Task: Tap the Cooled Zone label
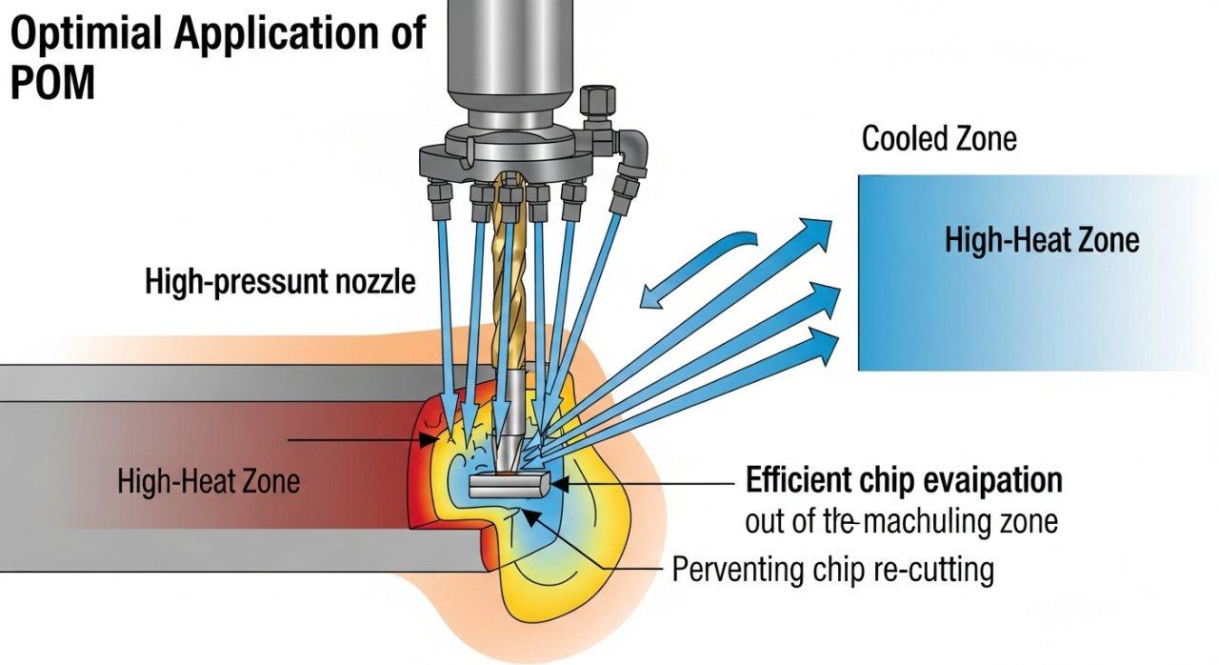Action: coord(939,139)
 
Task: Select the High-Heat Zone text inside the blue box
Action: coord(1041,240)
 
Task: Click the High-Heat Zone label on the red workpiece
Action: coord(208,481)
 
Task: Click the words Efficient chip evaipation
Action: coord(903,480)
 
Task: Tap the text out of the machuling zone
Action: coord(900,522)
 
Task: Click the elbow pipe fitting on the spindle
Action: coord(631,148)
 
